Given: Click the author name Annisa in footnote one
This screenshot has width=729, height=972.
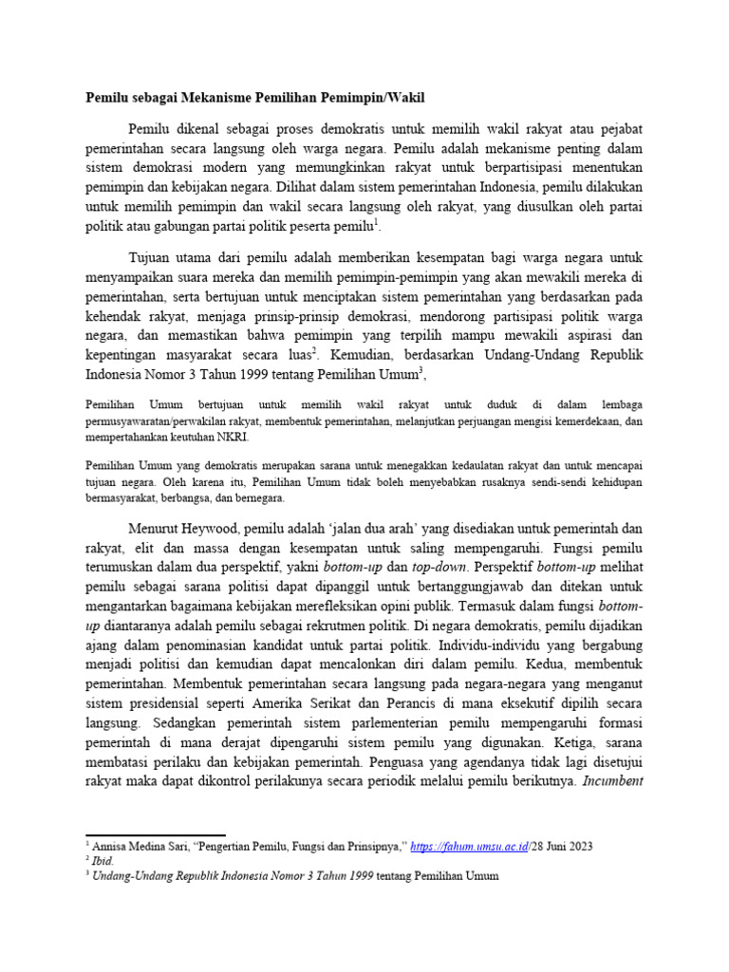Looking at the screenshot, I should point(112,845).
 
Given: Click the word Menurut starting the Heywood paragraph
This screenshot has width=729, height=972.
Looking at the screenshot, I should point(157,528).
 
